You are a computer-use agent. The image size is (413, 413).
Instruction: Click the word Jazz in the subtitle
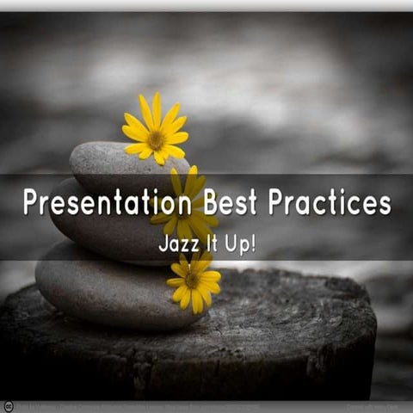coord(176,243)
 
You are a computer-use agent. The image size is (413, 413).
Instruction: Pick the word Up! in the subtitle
coord(241,243)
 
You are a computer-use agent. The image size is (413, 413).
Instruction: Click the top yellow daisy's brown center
coord(156,137)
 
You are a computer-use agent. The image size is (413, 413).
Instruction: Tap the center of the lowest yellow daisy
coord(192,280)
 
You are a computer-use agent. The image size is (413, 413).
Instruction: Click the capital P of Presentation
coord(31,203)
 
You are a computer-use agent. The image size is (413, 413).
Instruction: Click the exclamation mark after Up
coord(252,243)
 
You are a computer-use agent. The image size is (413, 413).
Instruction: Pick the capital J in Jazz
coord(163,243)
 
